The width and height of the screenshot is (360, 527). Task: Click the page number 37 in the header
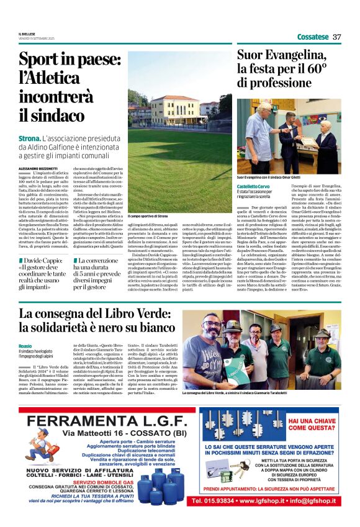click(x=337, y=37)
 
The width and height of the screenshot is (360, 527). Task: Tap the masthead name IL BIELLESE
click(x=27, y=34)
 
